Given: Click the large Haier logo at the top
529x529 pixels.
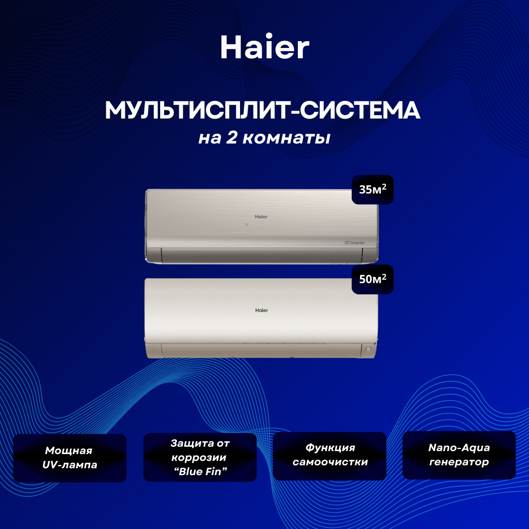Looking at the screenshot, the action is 264,47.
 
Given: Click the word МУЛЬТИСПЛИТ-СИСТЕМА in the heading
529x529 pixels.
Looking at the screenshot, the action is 263,110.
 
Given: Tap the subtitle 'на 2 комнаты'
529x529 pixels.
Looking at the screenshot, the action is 264,138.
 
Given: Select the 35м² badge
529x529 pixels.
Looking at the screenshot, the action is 372,190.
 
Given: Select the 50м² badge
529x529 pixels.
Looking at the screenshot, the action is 372,279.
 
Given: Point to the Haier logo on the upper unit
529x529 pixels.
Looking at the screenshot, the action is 261,216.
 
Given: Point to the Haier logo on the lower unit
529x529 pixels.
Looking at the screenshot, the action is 262,310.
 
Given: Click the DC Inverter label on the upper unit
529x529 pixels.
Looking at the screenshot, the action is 355,242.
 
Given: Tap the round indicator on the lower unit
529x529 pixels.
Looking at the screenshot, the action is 368,349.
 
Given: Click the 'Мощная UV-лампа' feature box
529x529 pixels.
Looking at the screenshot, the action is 70,458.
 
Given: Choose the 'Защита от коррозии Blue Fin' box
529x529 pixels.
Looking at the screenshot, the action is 200,457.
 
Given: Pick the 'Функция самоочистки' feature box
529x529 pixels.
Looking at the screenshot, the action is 330,456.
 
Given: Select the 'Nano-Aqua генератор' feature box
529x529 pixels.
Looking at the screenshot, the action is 459,455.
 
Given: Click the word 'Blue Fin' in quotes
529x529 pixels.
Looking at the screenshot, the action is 200,471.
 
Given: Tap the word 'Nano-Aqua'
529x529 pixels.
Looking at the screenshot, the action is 459,448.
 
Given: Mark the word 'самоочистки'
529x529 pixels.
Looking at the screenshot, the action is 330,462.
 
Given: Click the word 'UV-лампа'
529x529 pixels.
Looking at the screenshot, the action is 70,465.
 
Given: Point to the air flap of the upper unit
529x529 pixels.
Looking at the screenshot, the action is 262,255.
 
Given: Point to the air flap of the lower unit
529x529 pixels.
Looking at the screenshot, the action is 261,350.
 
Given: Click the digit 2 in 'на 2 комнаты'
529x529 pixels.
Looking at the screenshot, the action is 231,137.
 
